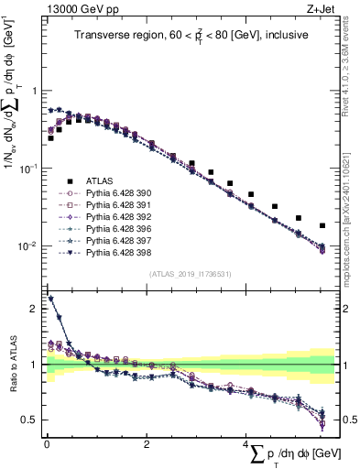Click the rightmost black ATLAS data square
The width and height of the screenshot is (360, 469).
click(322, 225)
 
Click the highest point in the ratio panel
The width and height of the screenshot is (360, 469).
click(50, 299)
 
